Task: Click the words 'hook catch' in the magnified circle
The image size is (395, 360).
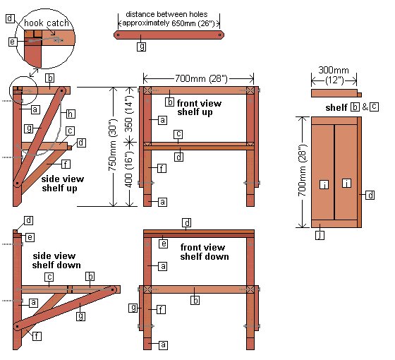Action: tap(46, 23)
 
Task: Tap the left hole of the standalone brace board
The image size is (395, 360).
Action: tap(119, 34)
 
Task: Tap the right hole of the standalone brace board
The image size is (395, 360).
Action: tap(221, 34)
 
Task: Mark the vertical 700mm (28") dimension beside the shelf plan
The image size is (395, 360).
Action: tap(301, 172)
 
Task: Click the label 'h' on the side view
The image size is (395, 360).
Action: tap(71, 113)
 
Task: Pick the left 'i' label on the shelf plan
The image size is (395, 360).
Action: tap(322, 184)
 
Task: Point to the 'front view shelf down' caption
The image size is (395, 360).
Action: tap(205, 252)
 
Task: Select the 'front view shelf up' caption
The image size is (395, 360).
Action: tap(199, 108)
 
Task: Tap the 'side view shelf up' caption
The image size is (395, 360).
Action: tap(61, 184)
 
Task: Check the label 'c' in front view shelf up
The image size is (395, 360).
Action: tap(178, 133)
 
